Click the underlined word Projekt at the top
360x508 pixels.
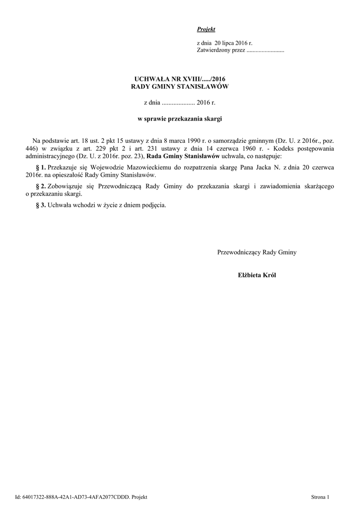click(206, 30)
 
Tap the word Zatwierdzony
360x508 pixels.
click(212, 51)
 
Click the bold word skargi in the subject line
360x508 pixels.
click(212, 119)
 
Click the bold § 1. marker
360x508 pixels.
click(41, 168)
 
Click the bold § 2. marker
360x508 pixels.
click(41, 186)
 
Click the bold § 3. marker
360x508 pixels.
click(41, 205)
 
